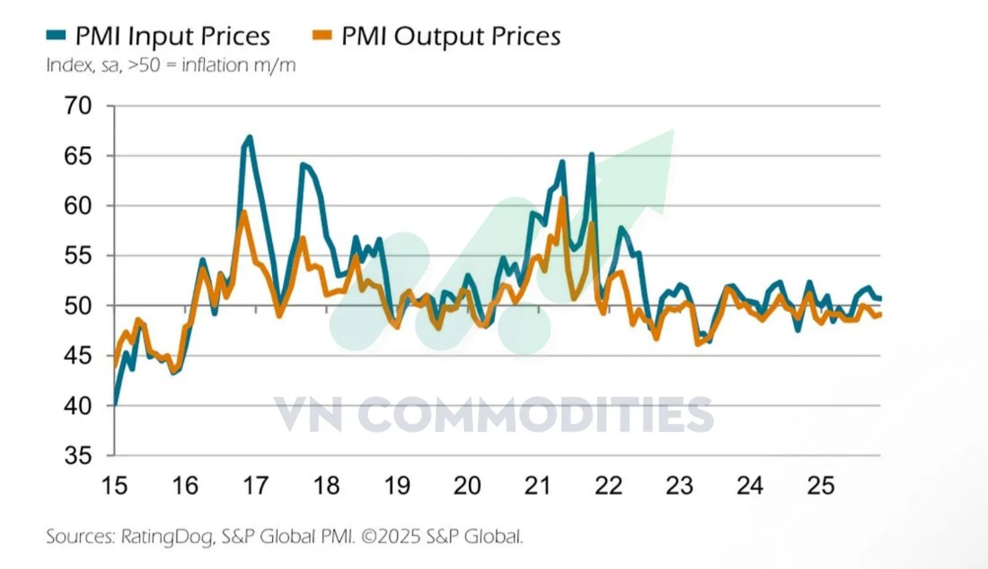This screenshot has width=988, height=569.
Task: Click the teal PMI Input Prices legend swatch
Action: point(56,35)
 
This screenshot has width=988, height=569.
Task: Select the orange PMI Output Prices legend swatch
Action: point(322,35)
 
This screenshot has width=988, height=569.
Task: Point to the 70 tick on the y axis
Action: point(78,106)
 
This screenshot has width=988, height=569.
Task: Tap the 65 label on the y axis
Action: point(78,156)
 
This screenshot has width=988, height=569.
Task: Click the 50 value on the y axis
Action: point(78,305)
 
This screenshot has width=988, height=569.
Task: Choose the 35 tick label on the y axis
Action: point(78,455)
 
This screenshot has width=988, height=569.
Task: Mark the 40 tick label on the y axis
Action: point(78,405)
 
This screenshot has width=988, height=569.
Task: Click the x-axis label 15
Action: point(114,486)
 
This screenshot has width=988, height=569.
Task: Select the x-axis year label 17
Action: point(256,486)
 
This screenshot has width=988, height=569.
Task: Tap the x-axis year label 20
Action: point(467,486)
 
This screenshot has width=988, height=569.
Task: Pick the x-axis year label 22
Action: point(608,486)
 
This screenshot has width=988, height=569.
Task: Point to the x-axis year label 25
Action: point(821,486)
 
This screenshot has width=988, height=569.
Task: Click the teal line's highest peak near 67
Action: point(249,136)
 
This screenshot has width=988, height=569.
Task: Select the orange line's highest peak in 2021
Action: point(562,197)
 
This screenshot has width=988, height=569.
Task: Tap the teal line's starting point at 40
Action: point(115,405)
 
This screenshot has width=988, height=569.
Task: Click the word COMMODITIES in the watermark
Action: point(535,415)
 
